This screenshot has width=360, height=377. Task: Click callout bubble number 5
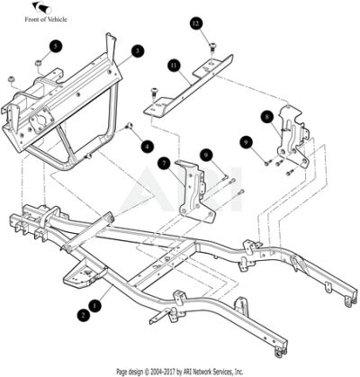[x=56, y=47]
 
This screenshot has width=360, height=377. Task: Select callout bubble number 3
[x=138, y=51]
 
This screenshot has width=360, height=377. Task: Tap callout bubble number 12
[x=196, y=23]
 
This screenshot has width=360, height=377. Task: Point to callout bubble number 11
[x=174, y=66]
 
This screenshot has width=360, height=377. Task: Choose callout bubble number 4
[x=147, y=147]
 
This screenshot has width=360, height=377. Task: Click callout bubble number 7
[x=165, y=163]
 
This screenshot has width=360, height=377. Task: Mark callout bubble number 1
[x=95, y=306]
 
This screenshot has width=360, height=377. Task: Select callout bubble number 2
[x=83, y=315]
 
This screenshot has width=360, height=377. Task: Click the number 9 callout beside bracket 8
[x=247, y=142]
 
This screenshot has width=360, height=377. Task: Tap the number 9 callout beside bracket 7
[x=206, y=155]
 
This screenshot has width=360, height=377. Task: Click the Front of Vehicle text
[x=46, y=20]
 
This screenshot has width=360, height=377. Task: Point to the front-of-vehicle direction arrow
[x=41, y=7]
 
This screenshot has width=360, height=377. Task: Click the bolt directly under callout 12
[x=212, y=48]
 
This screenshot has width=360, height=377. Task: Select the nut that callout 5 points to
[x=38, y=63]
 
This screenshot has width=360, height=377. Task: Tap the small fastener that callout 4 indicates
[x=130, y=126]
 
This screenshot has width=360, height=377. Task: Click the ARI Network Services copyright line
[x=180, y=372]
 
